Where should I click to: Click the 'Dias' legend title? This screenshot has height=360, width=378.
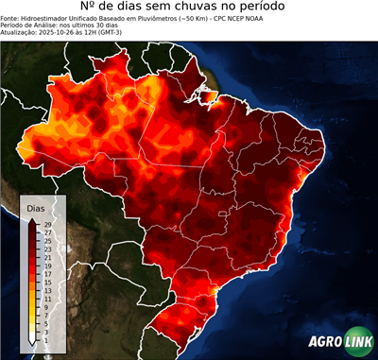pos(36,207)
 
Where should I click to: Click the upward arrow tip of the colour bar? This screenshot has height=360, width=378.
pos(33,219)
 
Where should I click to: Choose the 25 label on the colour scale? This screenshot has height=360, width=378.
pos(47,240)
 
